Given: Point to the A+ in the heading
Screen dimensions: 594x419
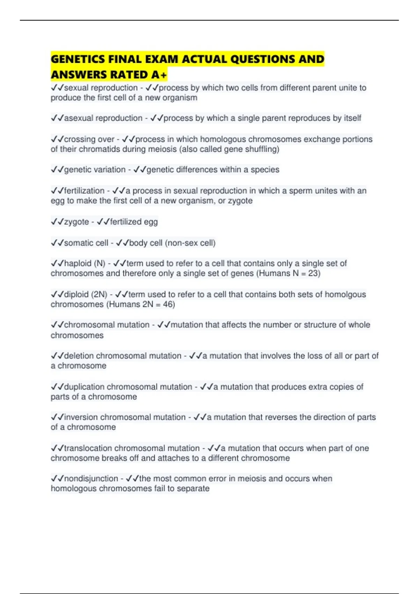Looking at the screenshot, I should (x=159, y=75).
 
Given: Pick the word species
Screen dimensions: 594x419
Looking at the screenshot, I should (x=265, y=169).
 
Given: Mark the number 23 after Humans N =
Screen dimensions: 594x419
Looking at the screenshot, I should (x=313, y=273).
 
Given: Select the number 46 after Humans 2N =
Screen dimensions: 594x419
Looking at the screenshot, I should (x=168, y=304).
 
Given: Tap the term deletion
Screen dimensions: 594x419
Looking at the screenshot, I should (x=79, y=356).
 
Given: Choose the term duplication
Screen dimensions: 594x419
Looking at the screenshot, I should (x=84, y=387).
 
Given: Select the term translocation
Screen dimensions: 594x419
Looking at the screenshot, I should (x=88, y=448).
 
